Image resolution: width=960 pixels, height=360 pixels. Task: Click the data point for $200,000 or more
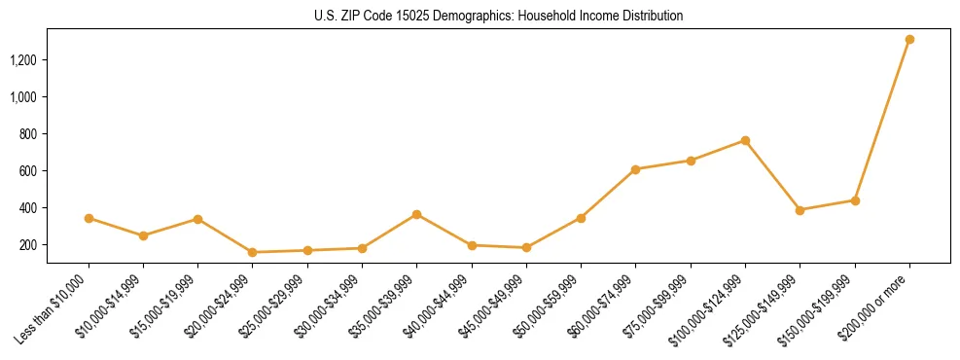[909, 40]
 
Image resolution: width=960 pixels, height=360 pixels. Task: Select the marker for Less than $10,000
[89, 218]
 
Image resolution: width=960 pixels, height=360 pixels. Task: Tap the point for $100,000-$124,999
[745, 140]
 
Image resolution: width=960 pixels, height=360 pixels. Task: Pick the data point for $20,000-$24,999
[253, 252]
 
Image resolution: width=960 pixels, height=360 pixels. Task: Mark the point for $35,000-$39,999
[416, 214]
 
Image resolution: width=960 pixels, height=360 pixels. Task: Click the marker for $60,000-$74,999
[635, 169]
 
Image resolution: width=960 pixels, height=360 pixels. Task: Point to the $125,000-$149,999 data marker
[800, 210]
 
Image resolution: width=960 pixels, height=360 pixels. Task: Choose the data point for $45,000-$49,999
[526, 247]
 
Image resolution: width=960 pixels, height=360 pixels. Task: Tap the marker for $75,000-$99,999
[691, 161]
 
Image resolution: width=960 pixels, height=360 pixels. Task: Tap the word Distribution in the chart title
[650, 16]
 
